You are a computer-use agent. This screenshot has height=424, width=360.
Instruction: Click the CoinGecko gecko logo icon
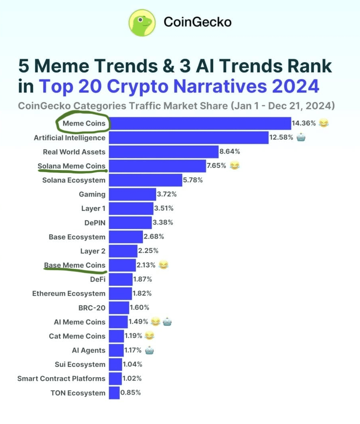point(142,22)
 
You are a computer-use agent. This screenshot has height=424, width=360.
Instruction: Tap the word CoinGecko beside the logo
point(198,22)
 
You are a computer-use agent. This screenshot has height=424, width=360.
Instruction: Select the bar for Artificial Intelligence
point(188,138)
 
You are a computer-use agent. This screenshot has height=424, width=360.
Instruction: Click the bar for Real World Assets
point(163,152)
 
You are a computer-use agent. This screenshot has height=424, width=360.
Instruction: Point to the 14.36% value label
point(304,123)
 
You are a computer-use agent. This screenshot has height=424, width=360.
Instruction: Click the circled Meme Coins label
point(84,123)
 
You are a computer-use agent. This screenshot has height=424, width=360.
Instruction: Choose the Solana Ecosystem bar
point(145,180)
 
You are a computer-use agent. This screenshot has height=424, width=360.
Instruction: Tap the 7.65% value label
point(216,166)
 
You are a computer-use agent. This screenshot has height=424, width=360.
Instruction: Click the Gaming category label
point(92,195)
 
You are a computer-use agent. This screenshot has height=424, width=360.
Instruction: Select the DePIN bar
point(130,223)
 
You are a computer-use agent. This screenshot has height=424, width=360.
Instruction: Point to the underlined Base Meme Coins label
point(75,265)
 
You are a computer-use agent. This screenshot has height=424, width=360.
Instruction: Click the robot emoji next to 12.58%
point(301,138)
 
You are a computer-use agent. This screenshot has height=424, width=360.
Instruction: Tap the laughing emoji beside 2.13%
point(163,265)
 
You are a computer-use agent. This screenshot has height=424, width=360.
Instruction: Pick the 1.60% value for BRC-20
point(140,308)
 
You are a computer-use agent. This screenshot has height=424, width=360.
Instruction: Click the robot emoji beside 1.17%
point(150,350)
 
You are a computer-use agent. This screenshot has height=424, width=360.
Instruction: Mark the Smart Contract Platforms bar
point(115,379)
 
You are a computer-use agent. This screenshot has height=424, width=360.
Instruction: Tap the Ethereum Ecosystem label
point(69,294)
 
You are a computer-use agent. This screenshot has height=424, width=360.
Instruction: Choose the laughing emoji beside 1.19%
point(149,336)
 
